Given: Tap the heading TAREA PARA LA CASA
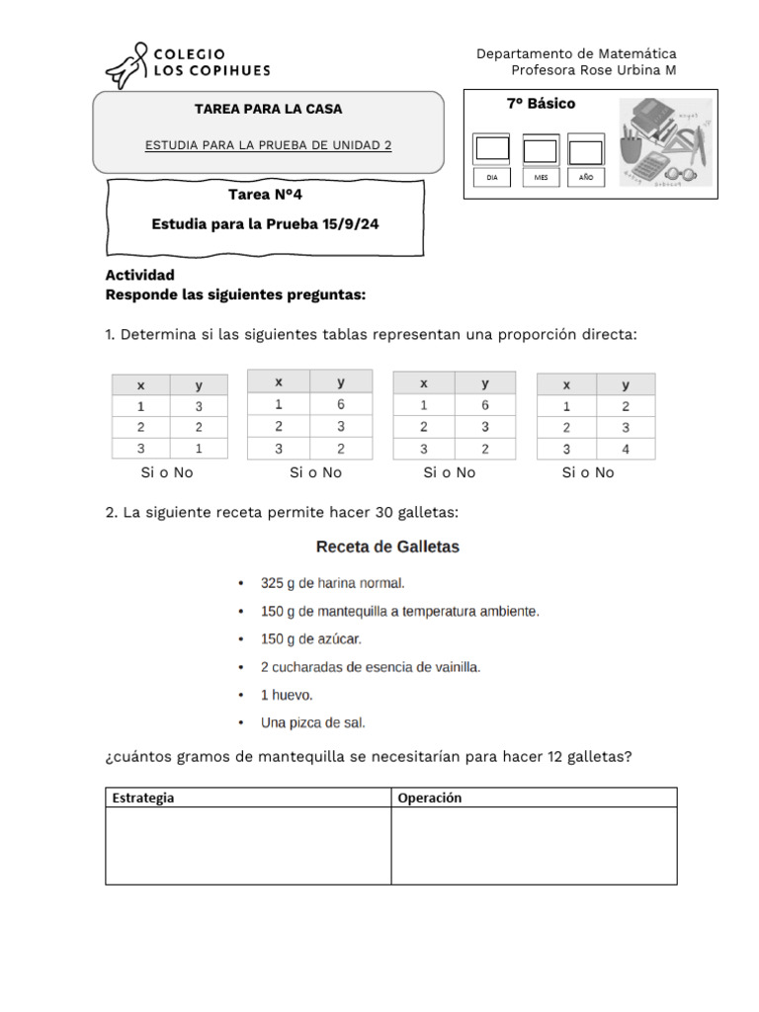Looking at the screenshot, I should tap(268, 109).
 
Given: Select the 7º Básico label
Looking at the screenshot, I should tap(541, 104).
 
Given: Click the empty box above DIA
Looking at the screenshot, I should tap(491, 149).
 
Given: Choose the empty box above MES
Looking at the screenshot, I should tap(540, 150).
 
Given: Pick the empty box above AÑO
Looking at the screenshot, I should tap(586, 151).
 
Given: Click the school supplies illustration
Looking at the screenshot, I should tap(667, 141).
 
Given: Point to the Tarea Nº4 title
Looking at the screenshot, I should tap(265, 194).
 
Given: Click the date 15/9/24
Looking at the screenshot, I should tap(350, 224).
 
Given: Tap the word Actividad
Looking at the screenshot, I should tap(139, 275).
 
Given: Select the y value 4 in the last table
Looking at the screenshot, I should tap(626, 448).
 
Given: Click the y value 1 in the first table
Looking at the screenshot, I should tap(198, 448).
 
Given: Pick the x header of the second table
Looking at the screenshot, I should tap(279, 381).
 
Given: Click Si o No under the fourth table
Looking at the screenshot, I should tap(588, 472).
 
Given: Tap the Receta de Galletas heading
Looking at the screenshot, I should tap(387, 546).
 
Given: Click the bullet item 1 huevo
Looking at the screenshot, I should tap(287, 695).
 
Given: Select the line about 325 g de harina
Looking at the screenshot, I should tap(333, 583).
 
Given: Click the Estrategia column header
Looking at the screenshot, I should tap(143, 798).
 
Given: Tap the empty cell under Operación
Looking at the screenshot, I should tap(534, 846).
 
